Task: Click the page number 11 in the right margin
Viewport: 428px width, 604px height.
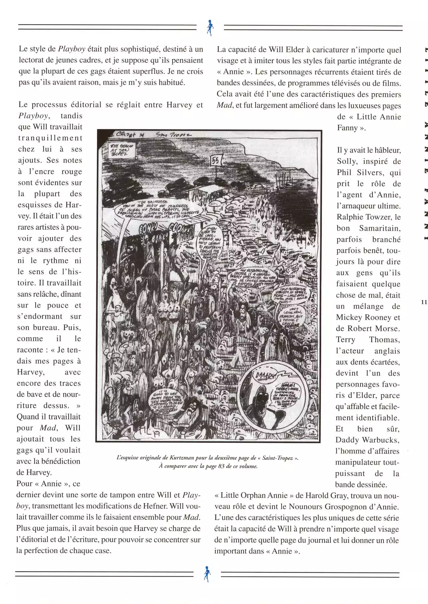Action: (x=424, y=302)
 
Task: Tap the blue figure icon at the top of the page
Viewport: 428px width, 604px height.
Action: (x=210, y=28)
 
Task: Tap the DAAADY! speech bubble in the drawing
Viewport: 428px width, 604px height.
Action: (x=265, y=376)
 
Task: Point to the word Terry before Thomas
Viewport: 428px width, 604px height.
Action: (x=346, y=340)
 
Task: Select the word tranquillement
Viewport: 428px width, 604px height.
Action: (x=50, y=138)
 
